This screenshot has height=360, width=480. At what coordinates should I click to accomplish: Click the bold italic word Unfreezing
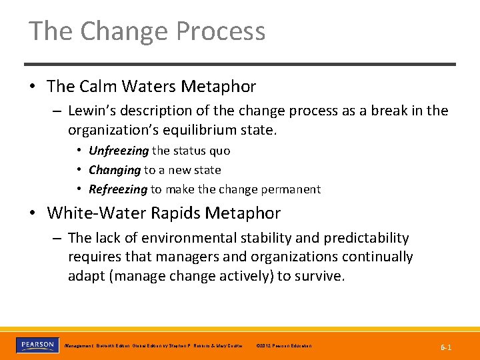click(x=119, y=151)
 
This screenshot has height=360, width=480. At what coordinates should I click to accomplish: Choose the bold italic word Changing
click(x=115, y=170)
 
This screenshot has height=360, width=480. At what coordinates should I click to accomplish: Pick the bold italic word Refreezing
click(x=117, y=189)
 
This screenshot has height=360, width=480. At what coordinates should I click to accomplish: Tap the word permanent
click(x=290, y=189)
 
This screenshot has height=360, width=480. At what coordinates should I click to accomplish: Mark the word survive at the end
click(x=321, y=276)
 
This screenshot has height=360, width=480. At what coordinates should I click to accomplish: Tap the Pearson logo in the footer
click(x=37, y=345)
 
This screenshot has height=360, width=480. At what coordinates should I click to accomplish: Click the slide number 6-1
click(x=446, y=348)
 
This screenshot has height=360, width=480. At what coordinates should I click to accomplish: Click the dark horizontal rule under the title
click(x=240, y=64)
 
